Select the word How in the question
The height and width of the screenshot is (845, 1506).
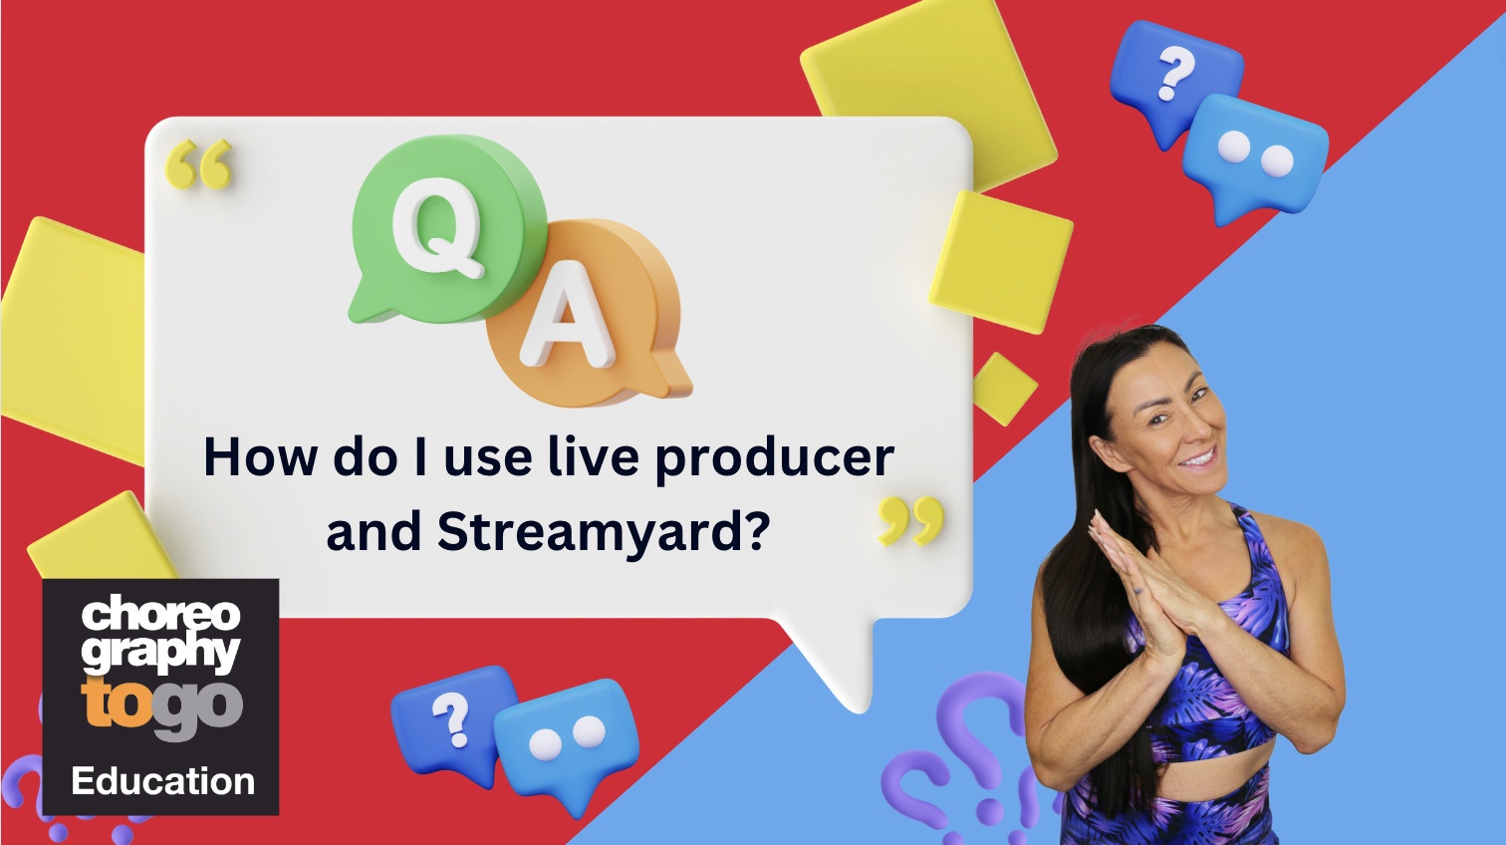pos(260,457)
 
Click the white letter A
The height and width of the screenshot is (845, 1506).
pos(568,314)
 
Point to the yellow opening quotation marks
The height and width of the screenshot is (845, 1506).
pos(199,163)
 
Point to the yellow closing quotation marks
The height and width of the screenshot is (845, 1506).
pos(911,521)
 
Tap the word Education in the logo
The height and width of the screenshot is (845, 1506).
pos(163,782)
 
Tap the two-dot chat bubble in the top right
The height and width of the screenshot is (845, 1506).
pos(1256,157)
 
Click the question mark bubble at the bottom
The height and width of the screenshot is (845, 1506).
pos(454,724)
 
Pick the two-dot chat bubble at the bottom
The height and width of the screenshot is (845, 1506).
pos(566,742)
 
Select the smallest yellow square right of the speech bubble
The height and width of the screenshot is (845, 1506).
pos(1005,389)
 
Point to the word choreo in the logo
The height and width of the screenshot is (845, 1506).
pos(160,612)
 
